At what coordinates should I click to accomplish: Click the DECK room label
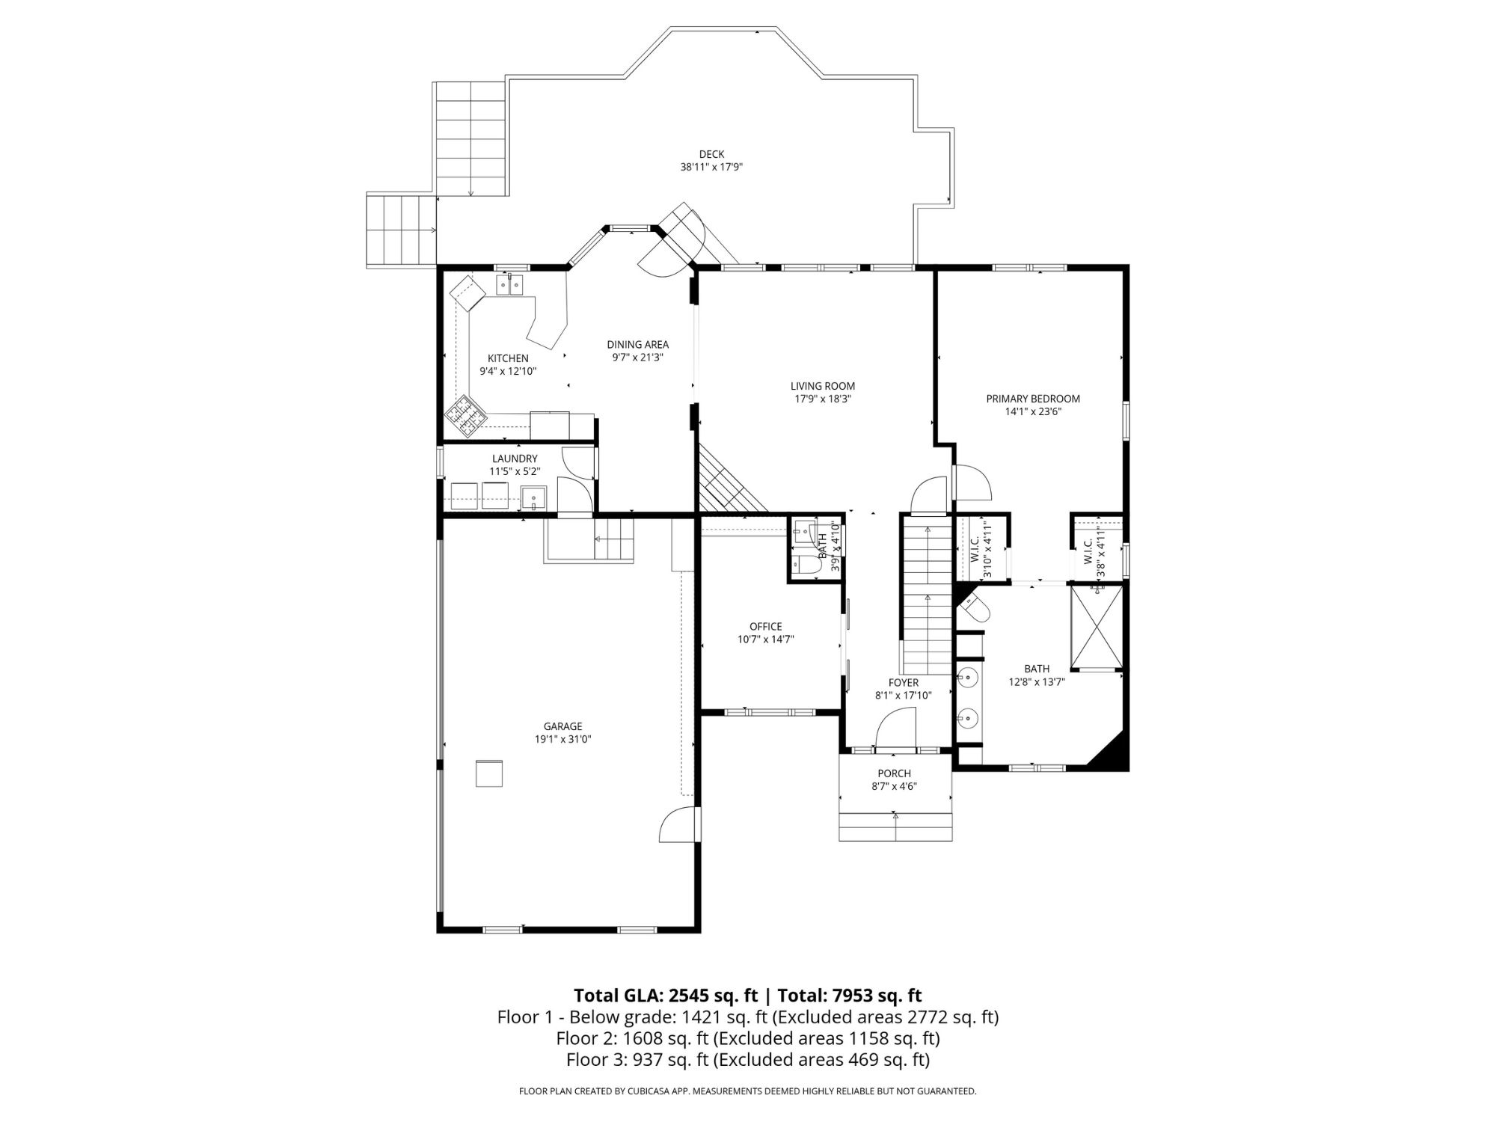(x=712, y=155)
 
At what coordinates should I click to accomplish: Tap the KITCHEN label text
(x=508, y=358)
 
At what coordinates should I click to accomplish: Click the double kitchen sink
(x=511, y=285)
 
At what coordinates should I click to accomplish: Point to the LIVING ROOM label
(x=823, y=386)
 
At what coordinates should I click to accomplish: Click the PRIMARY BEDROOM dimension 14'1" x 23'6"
(x=1033, y=411)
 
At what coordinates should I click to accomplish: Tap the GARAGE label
(x=562, y=726)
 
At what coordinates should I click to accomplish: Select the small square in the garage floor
(x=489, y=773)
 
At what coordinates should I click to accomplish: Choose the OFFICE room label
(x=765, y=627)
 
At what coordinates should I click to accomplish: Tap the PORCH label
(x=895, y=773)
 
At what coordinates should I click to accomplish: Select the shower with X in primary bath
(x=1097, y=627)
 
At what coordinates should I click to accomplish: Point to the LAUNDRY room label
(x=515, y=459)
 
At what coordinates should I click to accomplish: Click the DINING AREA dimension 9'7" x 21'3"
(x=638, y=358)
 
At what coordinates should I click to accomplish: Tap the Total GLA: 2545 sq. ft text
(x=666, y=996)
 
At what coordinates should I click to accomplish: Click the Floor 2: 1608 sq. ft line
(x=748, y=1038)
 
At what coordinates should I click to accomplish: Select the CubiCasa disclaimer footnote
(x=748, y=1091)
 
